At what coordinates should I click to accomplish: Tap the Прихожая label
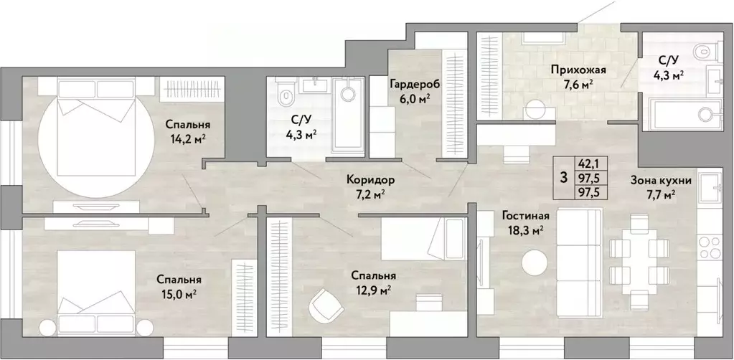(578, 71)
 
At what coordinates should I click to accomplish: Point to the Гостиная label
(526, 216)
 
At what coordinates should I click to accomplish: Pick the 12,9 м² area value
(374, 290)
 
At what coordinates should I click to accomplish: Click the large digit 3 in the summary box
(564, 177)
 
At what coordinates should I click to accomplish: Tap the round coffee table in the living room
(535, 263)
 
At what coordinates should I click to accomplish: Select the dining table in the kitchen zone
(639, 261)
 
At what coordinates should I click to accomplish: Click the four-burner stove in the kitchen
(710, 247)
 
